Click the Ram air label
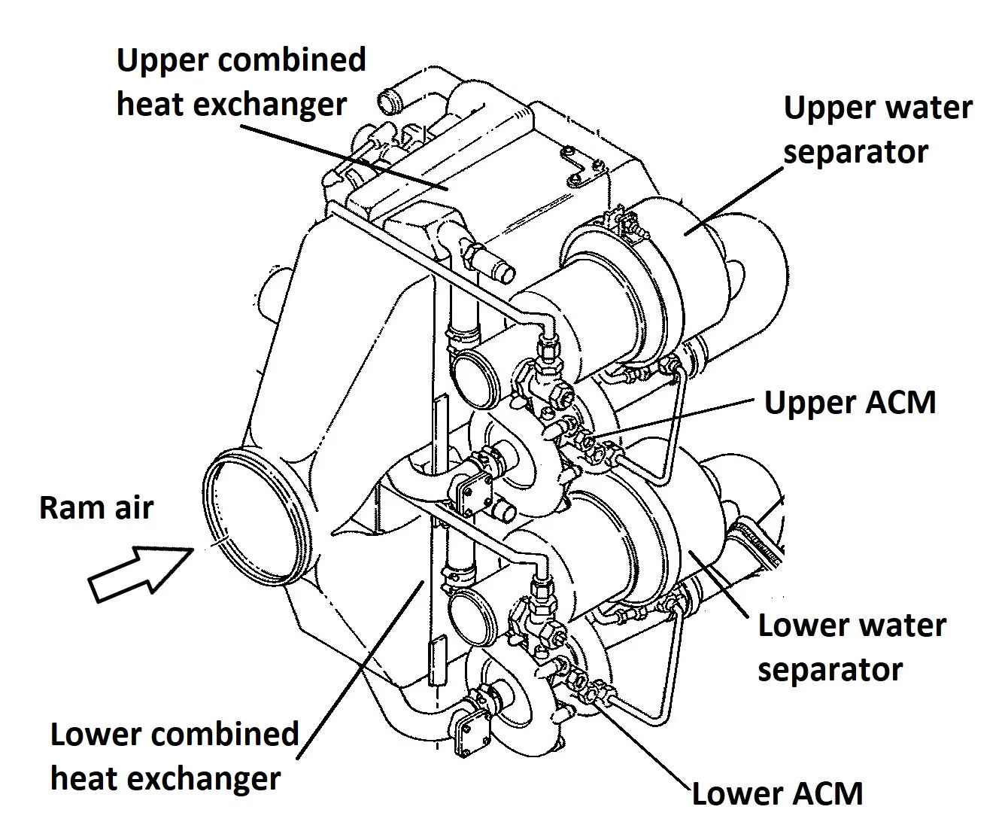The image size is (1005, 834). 96,507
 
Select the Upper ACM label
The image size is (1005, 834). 850,402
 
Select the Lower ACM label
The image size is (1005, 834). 777,793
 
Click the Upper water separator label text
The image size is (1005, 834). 877,129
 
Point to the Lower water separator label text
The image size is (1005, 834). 851,647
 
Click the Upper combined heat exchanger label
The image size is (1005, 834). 241,81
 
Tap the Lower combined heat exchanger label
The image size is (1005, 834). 175,756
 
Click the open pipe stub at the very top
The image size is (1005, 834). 389,99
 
